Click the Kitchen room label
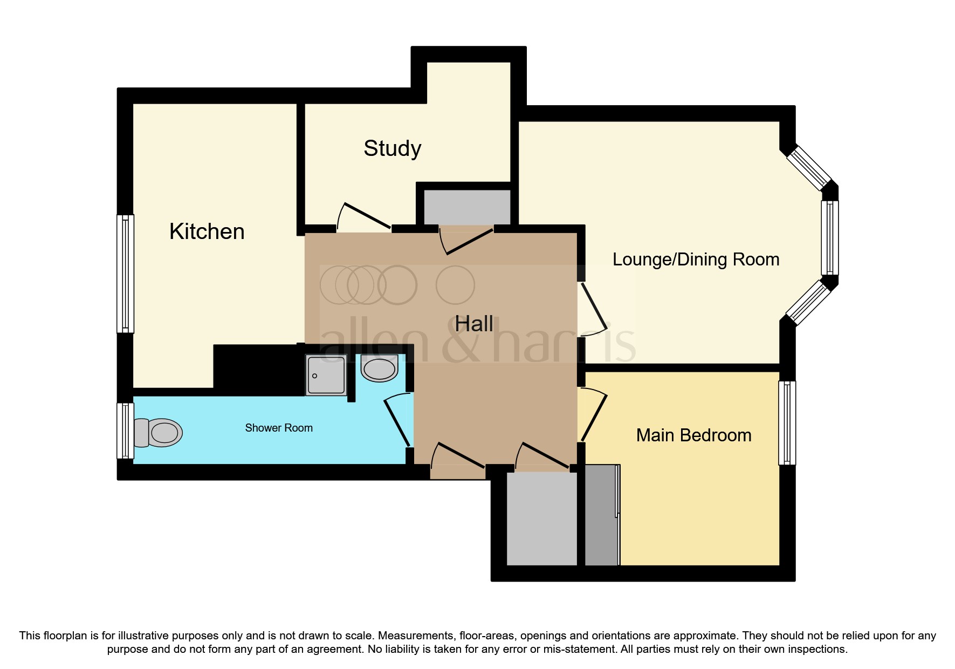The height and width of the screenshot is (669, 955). (x=207, y=231)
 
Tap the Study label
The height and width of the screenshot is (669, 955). (x=392, y=148)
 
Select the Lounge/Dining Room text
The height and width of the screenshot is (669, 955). (x=696, y=260)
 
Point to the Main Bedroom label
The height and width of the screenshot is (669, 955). (x=693, y=435)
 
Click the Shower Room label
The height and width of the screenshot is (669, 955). (x=278, y=428)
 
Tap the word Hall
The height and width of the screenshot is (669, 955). (x=473, y=324)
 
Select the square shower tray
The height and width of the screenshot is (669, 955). (x=326, y=374)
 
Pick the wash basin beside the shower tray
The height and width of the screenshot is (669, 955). (x=379, y=368)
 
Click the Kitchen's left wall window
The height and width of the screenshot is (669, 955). (x=125, y=274)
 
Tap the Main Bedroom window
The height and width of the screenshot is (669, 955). (x=787, y=422)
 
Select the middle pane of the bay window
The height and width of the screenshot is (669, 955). (x=829, y=238)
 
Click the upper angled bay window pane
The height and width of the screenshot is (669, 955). (x=809, y=168)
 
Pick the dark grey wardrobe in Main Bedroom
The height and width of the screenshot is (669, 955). (x=601, y=515)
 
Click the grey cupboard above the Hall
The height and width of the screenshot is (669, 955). (x=467, y=206)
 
